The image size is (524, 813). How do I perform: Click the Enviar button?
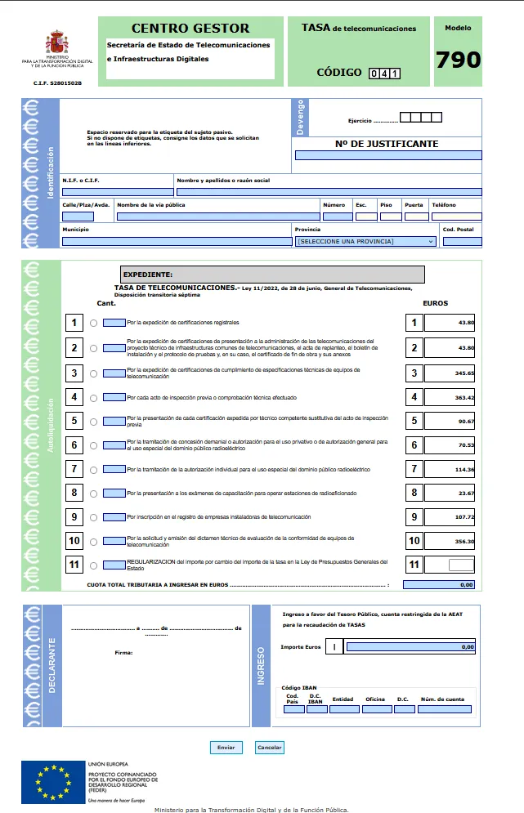[226, 748]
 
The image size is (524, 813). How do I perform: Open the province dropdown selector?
[365, 242]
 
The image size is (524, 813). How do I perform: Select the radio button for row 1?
[94, 324]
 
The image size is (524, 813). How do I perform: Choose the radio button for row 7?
[94, 470]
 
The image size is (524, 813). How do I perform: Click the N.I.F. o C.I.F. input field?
[117, 192]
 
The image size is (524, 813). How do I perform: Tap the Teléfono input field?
[456, 217]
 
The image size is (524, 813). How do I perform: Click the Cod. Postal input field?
[462, 242]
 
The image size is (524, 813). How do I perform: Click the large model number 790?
[458, 60]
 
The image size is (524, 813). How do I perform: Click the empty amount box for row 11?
[461, 565]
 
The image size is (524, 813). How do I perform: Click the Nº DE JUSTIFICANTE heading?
[387, 144]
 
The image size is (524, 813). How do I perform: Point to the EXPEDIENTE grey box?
[272, 275]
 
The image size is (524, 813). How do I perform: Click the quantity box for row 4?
[114, 397]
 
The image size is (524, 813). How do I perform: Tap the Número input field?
[336, 217]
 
